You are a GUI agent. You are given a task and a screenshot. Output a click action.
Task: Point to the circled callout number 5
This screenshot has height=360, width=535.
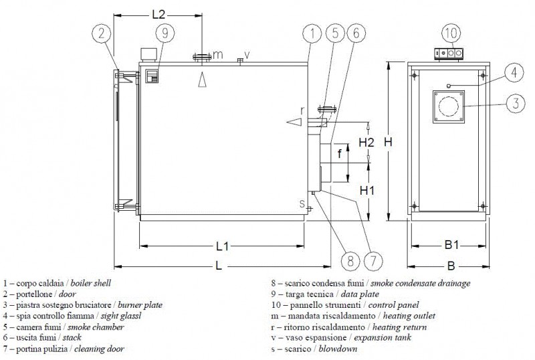(336, 32)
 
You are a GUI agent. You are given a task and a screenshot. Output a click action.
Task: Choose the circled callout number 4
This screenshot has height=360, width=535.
(510, 71)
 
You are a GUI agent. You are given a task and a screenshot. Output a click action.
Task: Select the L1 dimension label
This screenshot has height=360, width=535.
(223, 246)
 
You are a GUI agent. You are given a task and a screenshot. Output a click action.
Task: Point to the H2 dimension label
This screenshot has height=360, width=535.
(366, 143)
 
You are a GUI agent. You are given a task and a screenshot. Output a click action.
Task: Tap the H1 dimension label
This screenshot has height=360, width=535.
(366, 191)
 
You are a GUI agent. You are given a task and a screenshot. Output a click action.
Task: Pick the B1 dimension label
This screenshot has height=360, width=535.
(451, 246)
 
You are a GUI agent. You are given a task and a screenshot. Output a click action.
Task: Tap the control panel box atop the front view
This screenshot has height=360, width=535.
(448, 53)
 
